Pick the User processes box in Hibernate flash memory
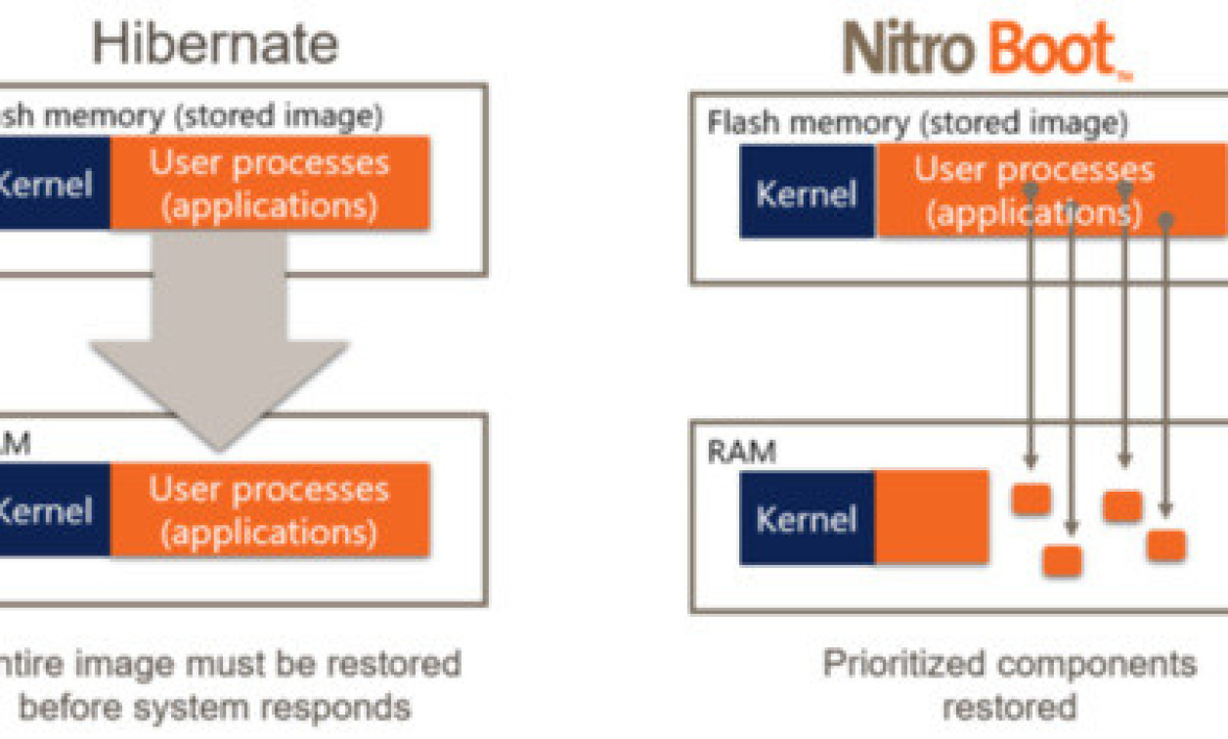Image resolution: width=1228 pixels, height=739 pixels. tap(269, 183)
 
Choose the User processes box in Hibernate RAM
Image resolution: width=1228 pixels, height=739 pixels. tap(269, 509)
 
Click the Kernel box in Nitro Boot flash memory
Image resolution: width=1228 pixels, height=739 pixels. tap(807, 193)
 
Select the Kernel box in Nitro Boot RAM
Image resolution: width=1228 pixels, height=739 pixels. tap(807, 518)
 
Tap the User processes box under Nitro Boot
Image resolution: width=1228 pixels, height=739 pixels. tap(1033, 191)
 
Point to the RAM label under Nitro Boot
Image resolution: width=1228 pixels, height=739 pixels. tap(741, 452)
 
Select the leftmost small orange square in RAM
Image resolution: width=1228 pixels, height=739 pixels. tap(1031, 500)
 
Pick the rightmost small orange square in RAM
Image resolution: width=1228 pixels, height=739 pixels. tap(1165, 544)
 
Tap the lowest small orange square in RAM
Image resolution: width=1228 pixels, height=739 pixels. tap(1062, 561)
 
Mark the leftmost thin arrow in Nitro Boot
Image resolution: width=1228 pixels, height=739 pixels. tap(1031, 323)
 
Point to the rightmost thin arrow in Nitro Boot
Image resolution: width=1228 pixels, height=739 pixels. tap(1164, 362)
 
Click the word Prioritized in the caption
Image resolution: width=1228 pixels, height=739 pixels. tap(900, 664)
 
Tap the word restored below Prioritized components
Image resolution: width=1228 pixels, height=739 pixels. tap(1009, 706)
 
